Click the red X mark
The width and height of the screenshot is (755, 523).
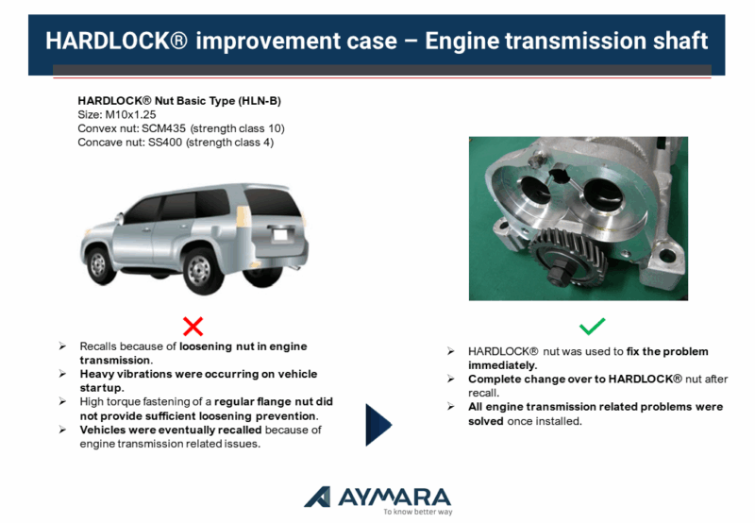(x=193, y=326)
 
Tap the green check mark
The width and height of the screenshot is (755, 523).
(x=593, y=326)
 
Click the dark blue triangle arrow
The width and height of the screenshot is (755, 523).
(x=379, y=425)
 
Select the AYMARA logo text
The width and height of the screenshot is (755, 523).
(x=394, y=498)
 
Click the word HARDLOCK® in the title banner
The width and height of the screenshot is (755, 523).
(x=116, y=41)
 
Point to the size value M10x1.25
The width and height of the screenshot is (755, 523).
(x=130, y=114)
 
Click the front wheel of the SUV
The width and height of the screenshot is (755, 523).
(x=99, y=265)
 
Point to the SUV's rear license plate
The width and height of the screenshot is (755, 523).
(x=279, y=235)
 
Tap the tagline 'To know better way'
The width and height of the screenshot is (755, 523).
(x=418, y=512)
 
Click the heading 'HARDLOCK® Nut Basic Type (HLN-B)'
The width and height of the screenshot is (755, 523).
(x=179, y=101)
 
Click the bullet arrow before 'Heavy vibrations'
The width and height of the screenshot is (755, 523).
(x=62, y=374)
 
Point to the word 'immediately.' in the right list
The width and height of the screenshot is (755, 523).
(x=502, y=365)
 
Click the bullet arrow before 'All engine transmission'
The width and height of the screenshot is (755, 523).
(x=451, y=407)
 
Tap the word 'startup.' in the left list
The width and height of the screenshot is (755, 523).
(x=102, y=388)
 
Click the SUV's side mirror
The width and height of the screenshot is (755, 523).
(x=119, y=218)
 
